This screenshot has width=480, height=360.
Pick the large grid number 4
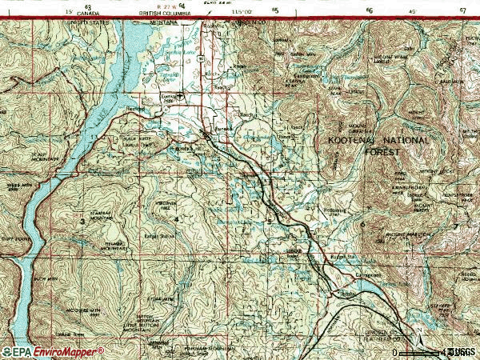[x=175, y=218]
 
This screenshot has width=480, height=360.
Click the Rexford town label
[x=135, y=109]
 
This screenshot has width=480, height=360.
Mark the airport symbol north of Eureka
[x=182, y=95]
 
